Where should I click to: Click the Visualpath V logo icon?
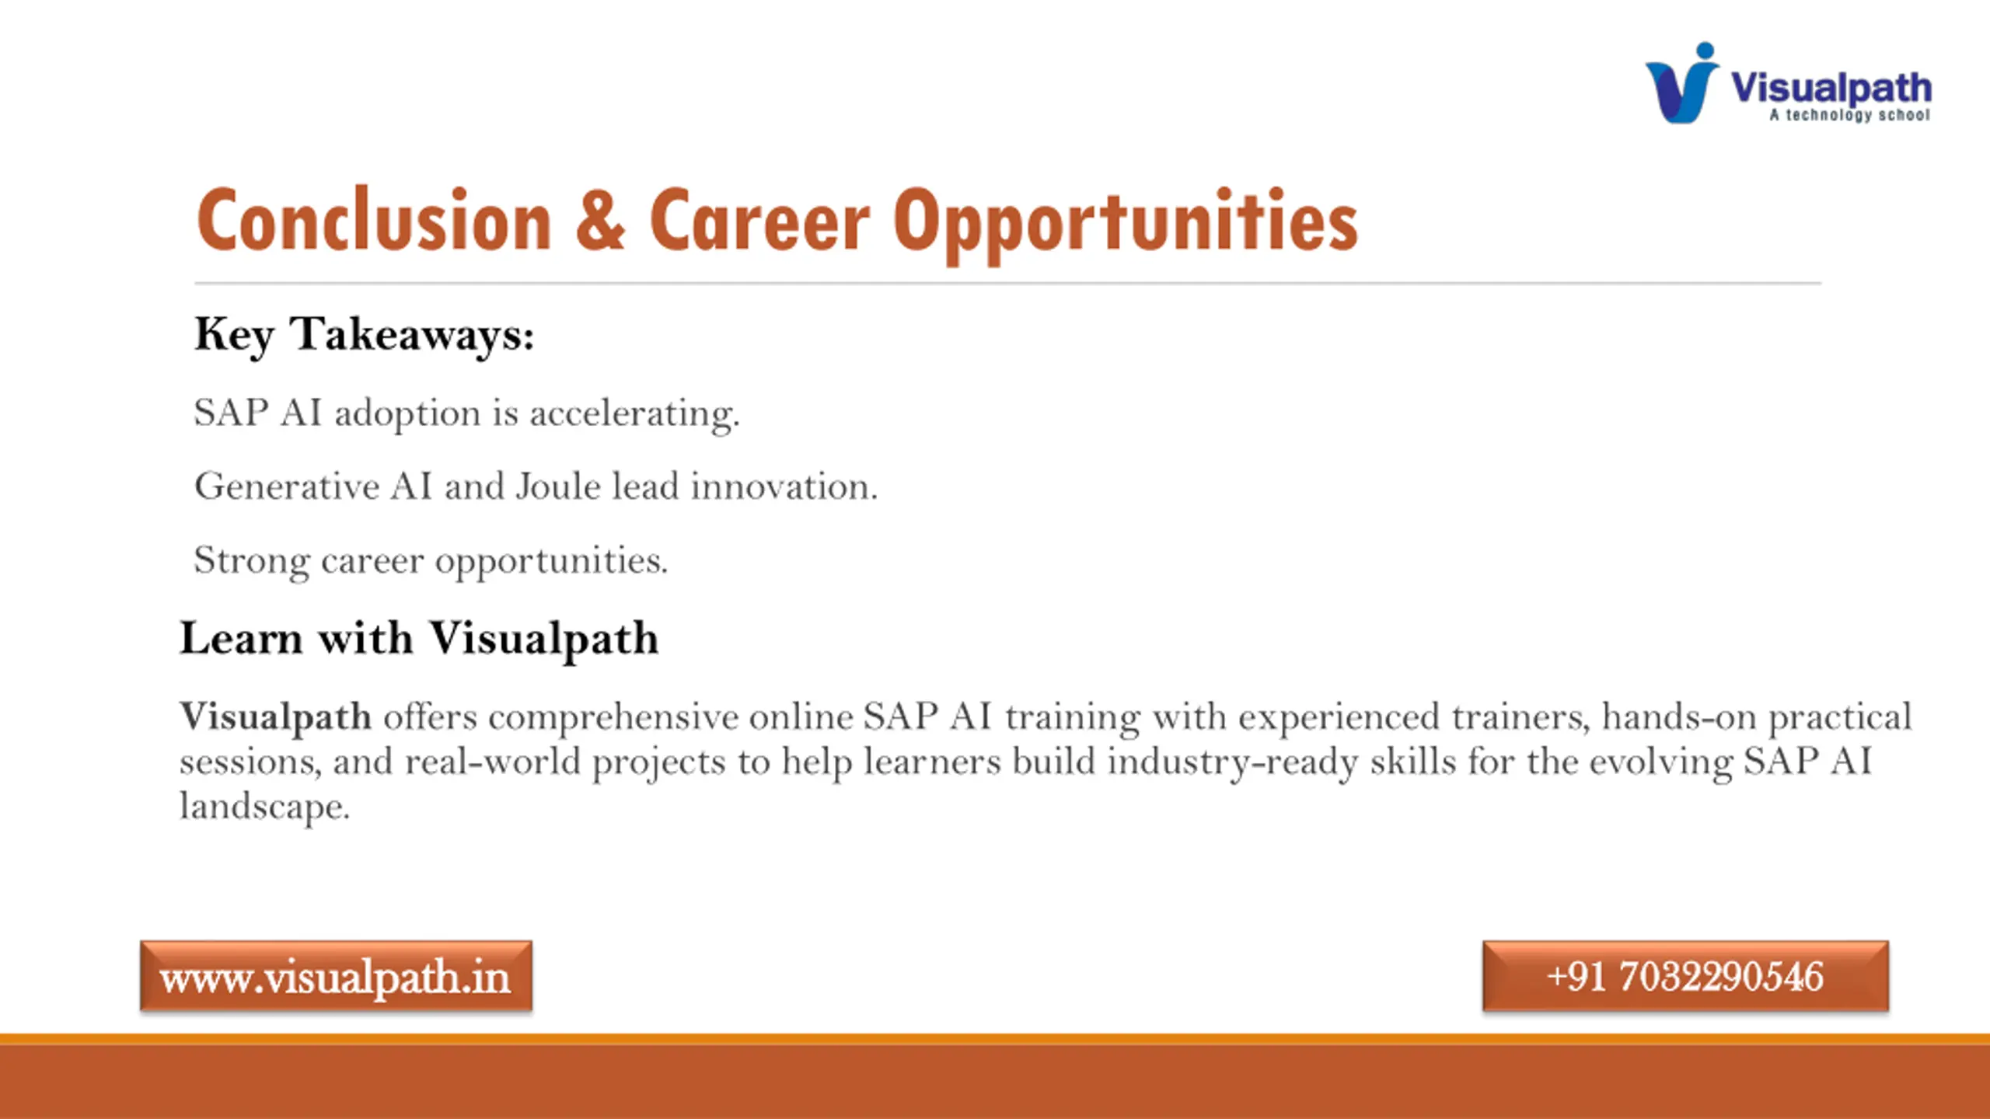(1682, 83)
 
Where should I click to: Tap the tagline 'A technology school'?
(1850, 115)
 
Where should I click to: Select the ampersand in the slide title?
(600, 221)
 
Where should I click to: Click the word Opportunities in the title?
(1125, 225)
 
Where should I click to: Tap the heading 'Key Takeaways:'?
(365, 336)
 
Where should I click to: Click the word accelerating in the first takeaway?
(634, 413)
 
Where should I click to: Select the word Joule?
(558, 486)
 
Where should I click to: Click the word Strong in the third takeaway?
(252, 561)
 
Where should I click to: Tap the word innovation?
(784, 486)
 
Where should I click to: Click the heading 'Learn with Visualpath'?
(419, 640)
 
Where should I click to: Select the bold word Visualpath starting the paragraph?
(276, 717)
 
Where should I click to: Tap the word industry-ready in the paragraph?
(1233, 762)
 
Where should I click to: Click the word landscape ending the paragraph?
(264, 807)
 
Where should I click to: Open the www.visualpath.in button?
(336, 976)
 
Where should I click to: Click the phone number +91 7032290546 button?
(1685, 976)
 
